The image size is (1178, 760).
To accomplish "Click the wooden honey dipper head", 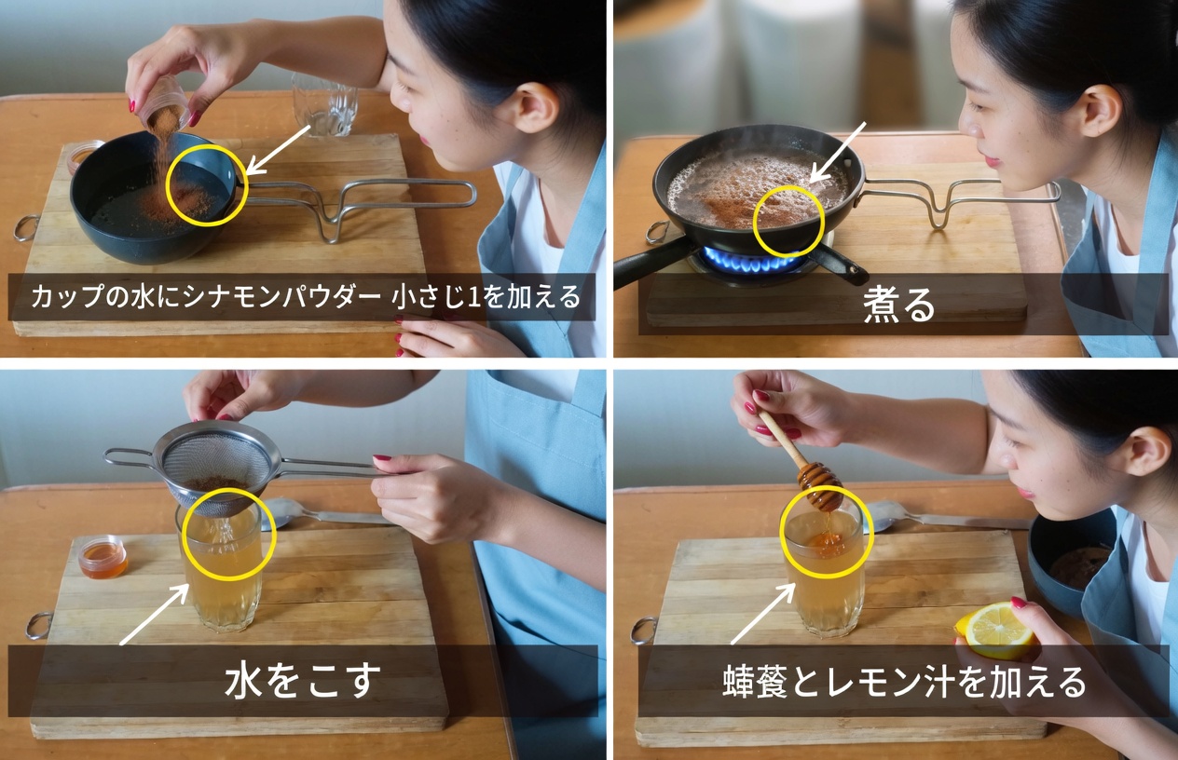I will [x=819, y=485].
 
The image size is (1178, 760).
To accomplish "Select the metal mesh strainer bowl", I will [x=216, y=465].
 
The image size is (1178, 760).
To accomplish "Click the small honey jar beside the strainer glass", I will [x=103, y=557].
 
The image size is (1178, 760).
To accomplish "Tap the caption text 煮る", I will [x=897, y=305].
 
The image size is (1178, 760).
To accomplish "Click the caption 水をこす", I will [x=302, y=681].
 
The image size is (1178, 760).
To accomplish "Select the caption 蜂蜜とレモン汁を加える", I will [x=904, y=682].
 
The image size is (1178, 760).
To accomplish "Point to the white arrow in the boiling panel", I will [x=838, y=151].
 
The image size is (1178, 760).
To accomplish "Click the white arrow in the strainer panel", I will [x=154, y=615].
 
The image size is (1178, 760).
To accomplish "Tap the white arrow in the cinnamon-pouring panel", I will [x=279, y=149].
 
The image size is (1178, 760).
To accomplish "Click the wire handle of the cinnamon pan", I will [x=373, y=200].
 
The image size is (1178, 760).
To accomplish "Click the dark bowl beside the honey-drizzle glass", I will [x=1072, y=559].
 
